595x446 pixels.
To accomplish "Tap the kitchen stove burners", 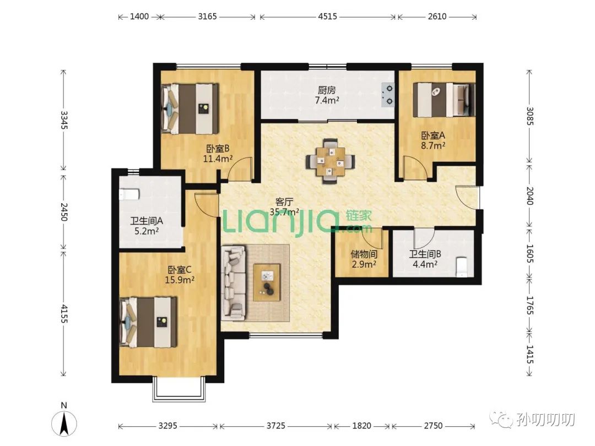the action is pyautogui.click(x=388, y=95).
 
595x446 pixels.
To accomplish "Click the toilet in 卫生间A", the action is pyautogui.click(x=129, y=195).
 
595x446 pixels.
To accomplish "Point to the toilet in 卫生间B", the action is pyautogui.click(x=462, y=267).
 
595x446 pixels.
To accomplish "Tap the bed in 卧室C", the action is pyautogui.click(x=149, y=322).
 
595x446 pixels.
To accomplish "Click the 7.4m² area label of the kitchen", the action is pyautogui.click(x=327, y=100).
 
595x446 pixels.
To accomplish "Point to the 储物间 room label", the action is pyautogui.click(x=364, y=254).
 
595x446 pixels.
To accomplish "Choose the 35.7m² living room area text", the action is pyautogui.click(x=284, y=211).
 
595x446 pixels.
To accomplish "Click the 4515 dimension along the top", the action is pyautogui.click(x=327, y=17).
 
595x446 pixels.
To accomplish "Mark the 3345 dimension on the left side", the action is pyautogui.click(x=64, y=120).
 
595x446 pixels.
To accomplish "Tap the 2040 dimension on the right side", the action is pyautogui.click(x=530, y=195).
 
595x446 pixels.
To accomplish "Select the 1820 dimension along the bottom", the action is pyautogui.click(x=361, y=426).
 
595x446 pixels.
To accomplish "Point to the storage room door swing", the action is pyautogui.click(x=371, y=238).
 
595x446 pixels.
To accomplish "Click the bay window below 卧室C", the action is pyautogui.click(x=178, y=390).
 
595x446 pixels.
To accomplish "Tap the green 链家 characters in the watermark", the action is pyautogui.click(x=359, y=216).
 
